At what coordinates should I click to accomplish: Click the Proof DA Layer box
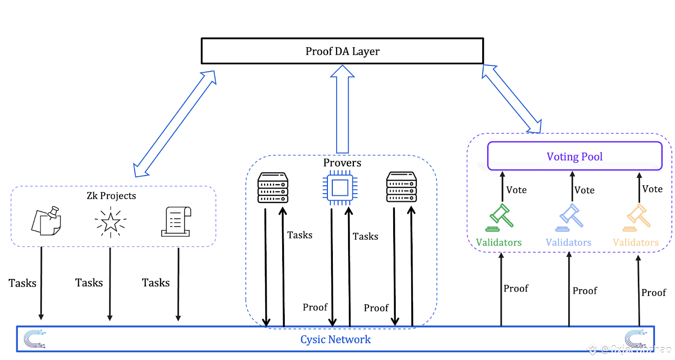pos(342,51)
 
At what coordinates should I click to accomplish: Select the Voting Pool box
pos(575,156)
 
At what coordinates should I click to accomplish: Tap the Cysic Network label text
pos(335,339)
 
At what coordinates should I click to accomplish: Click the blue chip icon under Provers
pos(340,188)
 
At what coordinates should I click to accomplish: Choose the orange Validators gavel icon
pos(637,217)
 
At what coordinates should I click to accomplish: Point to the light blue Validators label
pos(568,242)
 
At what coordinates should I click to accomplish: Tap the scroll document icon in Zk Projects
pos(176,222)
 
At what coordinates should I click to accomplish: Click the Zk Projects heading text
pos(111,196)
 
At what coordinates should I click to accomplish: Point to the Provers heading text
pos(342,163)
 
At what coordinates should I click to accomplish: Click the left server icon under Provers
pos(273,188)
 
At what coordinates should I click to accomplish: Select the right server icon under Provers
pos(402,187)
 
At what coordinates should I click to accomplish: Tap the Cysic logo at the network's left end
pos(34,339)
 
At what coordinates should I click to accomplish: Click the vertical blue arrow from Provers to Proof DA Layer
pos(343,110)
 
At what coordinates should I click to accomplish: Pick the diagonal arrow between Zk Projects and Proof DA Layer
pos(175,123)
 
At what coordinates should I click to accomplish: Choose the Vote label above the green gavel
pos(516,190)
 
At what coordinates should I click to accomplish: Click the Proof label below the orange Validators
pos(653,292)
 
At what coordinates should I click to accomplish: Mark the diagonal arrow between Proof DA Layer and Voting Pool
pos(511,98)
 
